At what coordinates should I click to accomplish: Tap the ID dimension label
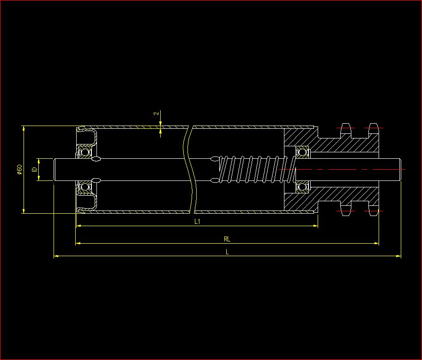(34, 170)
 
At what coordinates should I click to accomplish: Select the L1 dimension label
(197, 222)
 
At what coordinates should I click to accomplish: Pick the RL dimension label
(227, 239)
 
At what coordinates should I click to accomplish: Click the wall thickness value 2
(157, 113)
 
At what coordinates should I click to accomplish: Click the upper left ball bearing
(84, 152)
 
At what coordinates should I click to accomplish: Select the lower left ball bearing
(84, 187)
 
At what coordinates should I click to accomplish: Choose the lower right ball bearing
(302, 187)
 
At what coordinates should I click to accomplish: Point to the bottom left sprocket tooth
(345, 211)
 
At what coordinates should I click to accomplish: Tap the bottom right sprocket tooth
(373, 211)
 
